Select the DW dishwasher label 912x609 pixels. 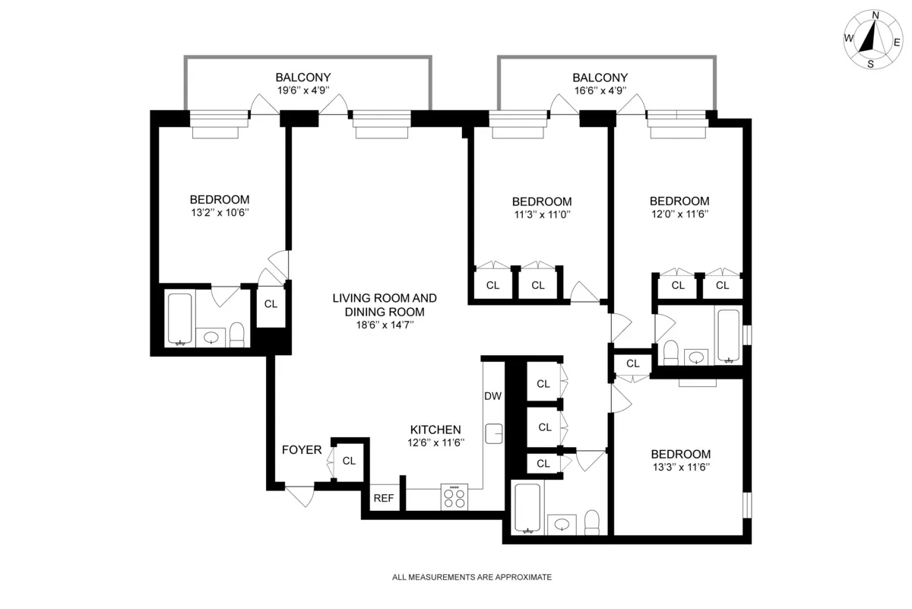pyautogui.click(x=492, y=396)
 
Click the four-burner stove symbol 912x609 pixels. pyautogui.click(x=454, y=497)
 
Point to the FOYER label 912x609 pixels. pyautogui.click(x=302, y=450)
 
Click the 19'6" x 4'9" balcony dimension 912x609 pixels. pyautogui.click(x=303, y=91)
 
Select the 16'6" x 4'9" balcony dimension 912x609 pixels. pyautogui.click(x=600, y=91)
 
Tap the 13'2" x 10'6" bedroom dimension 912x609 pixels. pyautogui.click(x=220, y=214)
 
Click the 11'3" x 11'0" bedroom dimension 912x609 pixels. pyautogui.click(x=541, y=215)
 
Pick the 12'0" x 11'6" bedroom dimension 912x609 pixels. pyautogui.click(x=679, y=214)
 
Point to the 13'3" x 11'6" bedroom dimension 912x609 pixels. pyautogui.click(x=680, y=468)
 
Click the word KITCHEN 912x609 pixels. pyautogui.click(x=435, y=430)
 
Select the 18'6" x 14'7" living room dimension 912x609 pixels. pyautogui.click(x=385, y=325)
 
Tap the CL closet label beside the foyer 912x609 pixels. pyautogui.click(x=349, y=461)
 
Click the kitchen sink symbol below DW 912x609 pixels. pyautogui.click(x=494, y=433)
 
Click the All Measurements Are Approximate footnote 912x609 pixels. pyautogui.click(x=471, y=577)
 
